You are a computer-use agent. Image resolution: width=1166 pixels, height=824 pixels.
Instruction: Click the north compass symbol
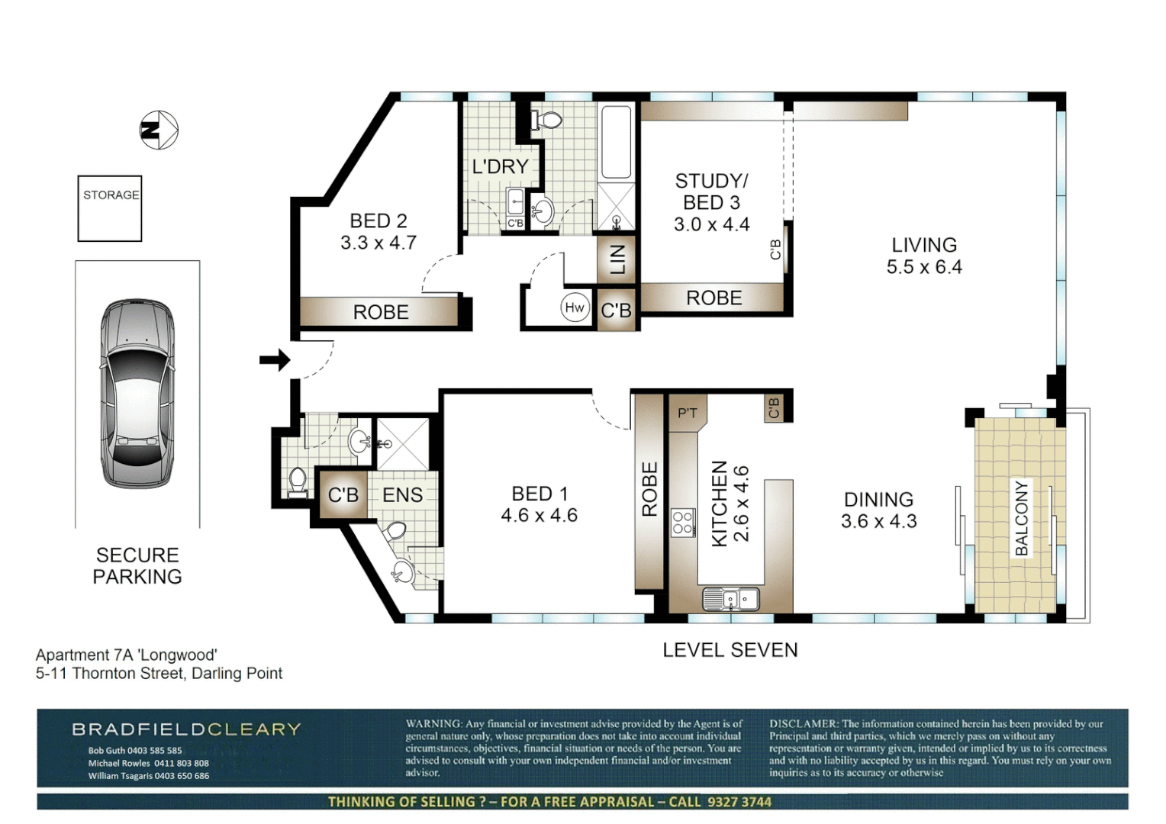159,130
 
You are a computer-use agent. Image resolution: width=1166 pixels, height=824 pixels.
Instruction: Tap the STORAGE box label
111,195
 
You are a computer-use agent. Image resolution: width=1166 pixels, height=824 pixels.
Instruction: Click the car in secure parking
137,394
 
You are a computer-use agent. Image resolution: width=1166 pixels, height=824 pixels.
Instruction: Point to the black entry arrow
275,359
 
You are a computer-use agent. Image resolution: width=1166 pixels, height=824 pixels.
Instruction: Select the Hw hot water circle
575,307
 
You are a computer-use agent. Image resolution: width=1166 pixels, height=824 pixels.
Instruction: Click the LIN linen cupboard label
617,259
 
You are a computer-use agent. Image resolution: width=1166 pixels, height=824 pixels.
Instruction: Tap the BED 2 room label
378,221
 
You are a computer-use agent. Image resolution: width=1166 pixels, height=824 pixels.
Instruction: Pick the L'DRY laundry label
501,166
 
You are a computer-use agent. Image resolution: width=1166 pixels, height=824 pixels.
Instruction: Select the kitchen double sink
731,599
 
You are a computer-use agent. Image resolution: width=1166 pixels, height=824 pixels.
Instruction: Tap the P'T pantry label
687,414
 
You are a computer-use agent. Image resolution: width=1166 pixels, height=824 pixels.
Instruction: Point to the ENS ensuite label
402,494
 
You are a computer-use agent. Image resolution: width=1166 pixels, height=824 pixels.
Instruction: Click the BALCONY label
1021,519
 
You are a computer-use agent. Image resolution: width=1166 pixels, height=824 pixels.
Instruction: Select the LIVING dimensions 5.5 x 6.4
924,267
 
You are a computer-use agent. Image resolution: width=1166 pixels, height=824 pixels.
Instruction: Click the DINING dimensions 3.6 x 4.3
879,521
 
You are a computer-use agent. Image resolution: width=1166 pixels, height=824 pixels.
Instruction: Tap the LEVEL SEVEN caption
730,650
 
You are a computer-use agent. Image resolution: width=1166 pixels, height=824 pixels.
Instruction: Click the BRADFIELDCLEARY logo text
186,729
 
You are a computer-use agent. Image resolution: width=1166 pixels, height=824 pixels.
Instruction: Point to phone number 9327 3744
740,802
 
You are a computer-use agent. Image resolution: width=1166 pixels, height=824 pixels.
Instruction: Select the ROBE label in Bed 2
381,312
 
